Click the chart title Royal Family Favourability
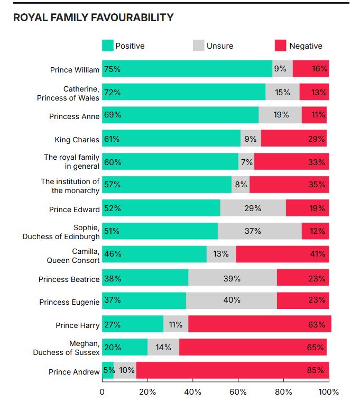coord(93,17)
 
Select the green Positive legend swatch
coord(108,45)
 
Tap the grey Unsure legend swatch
coord(199,45)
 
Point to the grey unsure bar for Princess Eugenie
coord(232,300)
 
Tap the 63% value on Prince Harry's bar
coord(316,324)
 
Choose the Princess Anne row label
coord(75,116)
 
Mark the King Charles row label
coord(77,140)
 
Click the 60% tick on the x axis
coord(238,392)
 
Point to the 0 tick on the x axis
coord(102,392)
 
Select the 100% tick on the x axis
coord(329,392)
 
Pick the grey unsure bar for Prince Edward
coord(253,208)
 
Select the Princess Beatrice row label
coord(69,279)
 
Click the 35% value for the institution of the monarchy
coord(317,185)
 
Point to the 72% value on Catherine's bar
coord(113,92)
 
